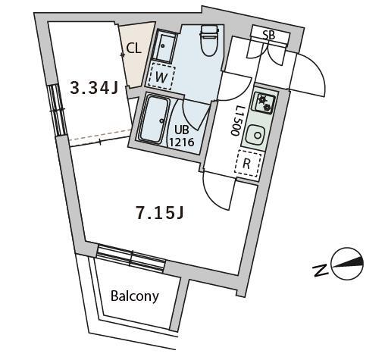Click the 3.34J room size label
pyautogui.click(x=94, y=88)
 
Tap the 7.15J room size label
pyautogui.click(x=160, y=213)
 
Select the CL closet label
pyautogui.click(x=133, y=49)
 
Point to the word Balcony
pyautogui.click(x=135, y=296)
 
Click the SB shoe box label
pyautogui.click(x=268, y=35)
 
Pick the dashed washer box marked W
pyautogui.click(x=161, y=77)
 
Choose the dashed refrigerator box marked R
pyautogui.click(x=247, y=164)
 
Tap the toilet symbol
pyautogui.click(x=209, y=40)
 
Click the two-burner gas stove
pyautogui.click(x=264, y=104)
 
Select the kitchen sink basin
pyautogui.click(x=255, y=135)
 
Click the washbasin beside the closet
pyautogui.click(x=164, y=46)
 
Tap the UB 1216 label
pyautogui.click(x=181, y=136)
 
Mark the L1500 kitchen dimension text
pyautogui.click(x=236, y=121)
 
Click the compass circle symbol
pyautogui.click(x=347, y=263)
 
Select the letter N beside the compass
pyautogui.click(x=320, y=271)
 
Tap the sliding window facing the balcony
pyautogui.click(x=130, y=258)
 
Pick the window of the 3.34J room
pyautogui.click(x=58, y=111)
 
